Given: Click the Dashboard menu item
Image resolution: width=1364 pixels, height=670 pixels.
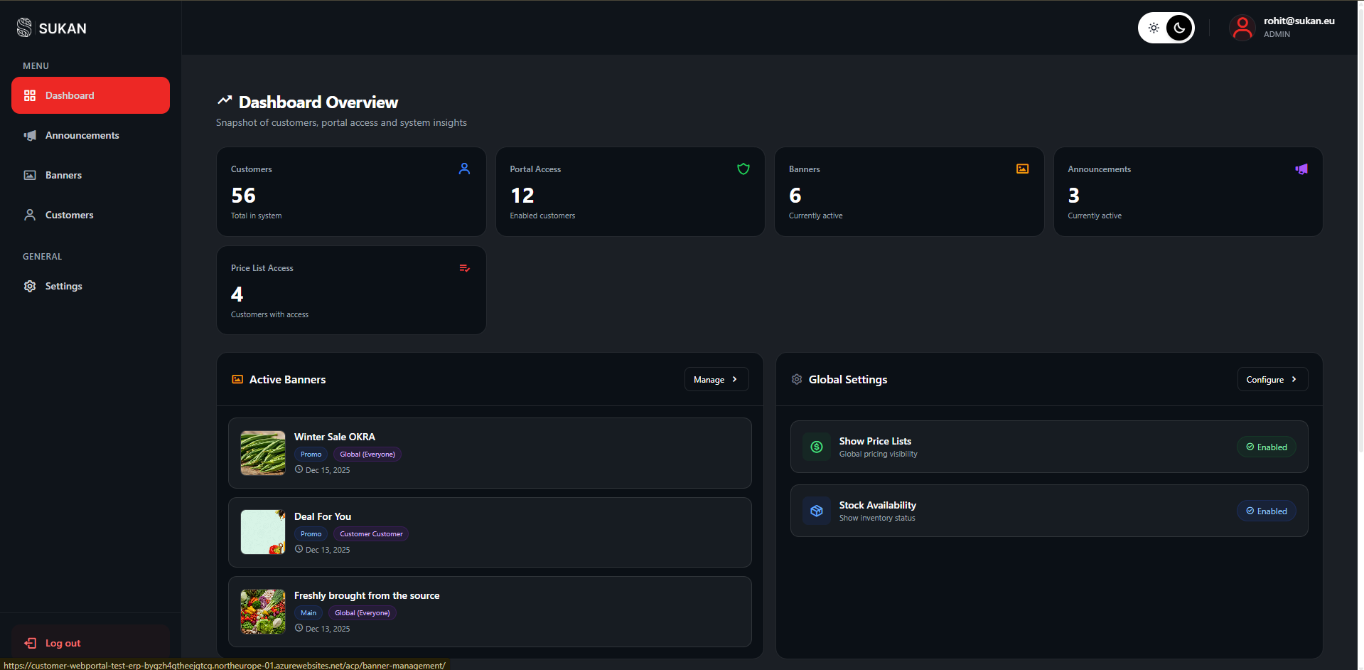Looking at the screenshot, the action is [x=90, y=95].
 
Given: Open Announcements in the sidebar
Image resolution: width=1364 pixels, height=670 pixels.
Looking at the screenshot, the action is [x=82, y=135].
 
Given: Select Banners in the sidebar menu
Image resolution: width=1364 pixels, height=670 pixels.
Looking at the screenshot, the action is [x=63, y=175].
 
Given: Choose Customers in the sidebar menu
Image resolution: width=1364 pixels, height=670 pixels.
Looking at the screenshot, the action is [x=69, y=215].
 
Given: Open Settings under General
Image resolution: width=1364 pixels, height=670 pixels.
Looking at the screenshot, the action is [x=63, y=286].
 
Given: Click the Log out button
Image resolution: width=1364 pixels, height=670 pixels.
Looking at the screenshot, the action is [x=63, y=643].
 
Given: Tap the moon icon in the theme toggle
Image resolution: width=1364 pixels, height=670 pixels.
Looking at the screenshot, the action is [x=1180, y=28].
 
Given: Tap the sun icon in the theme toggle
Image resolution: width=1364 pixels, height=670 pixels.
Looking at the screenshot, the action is [x=1154, y=28].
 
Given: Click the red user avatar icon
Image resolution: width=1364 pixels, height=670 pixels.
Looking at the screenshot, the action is [x=1242, y=28].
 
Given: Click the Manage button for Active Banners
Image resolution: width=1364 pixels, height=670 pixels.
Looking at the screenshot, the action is [x=716, y=380].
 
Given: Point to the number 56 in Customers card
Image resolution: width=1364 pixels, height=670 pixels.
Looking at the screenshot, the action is [x=243, y=196].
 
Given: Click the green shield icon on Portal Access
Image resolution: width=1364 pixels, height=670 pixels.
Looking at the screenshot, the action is [x=743, y=169].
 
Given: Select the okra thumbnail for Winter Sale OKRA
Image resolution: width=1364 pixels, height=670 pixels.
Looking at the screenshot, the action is [x=263, y=453].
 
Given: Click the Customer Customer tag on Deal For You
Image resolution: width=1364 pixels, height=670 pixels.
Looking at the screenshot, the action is [x=371, y=534].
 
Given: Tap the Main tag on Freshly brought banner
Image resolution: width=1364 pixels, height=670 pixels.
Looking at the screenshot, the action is [x=308, y=613].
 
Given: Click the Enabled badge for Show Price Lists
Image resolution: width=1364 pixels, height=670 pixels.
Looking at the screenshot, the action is [x=1266, y=447].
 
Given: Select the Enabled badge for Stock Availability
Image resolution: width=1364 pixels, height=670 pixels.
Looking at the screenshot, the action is [x=1266, y=511].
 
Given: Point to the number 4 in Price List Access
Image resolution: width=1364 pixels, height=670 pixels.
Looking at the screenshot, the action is [x=237, y=294].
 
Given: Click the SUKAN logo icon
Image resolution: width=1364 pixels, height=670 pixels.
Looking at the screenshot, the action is [x=24, y=28].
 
